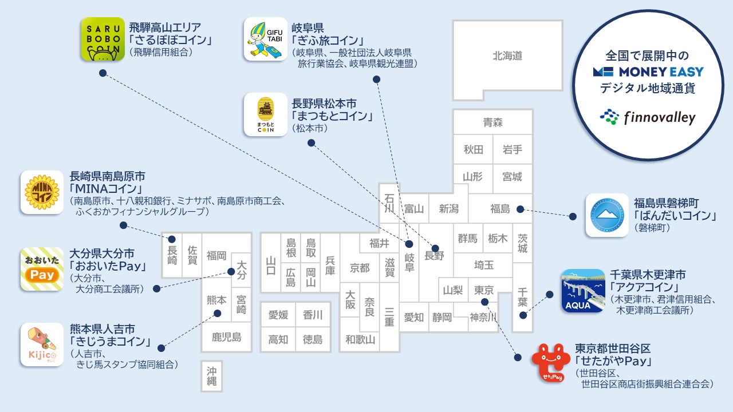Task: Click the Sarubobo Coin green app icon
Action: [x=103, y=39]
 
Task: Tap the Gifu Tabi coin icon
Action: [x=265, y=39]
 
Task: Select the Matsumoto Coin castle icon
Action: [x=265, y=114]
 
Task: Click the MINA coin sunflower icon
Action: [x=42, y=192]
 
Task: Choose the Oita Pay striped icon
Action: [x=42, y=269]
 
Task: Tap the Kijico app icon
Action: [x=42, y=344]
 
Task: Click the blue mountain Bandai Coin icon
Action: [x=607, y=215]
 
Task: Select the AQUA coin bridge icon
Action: [x=583, y=291]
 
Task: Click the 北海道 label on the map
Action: [x=507, y=56]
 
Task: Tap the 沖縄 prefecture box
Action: [x=211, y=376]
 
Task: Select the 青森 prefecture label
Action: [x=492, y=122]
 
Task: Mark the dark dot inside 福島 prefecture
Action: [x=520, y=209]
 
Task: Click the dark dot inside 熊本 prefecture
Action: [x=218, y=313]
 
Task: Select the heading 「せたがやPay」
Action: [x=615, y=362]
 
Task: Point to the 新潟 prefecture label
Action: [x=448, y=209]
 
